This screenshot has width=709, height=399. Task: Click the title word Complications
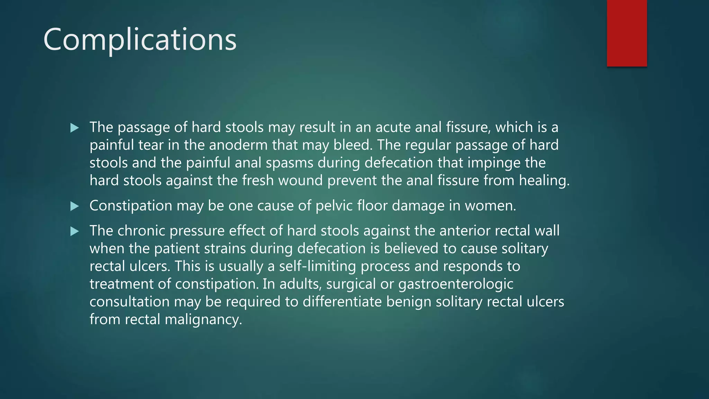(140, 40)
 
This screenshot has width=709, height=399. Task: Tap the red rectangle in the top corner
(627, 33)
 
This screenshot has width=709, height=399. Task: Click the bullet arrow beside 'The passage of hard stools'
(74, 128)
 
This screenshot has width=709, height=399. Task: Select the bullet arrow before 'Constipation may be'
(74, 206)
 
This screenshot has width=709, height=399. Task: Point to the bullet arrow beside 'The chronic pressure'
(74, 231)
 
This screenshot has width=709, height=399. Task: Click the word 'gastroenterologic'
(456, 284)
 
